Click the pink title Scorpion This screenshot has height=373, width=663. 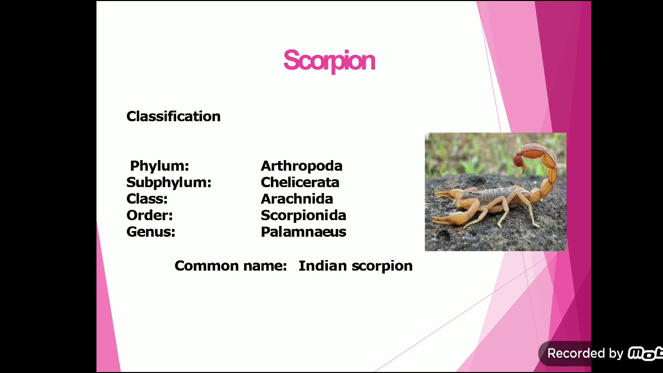[329, 61]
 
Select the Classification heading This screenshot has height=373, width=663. [173, 117]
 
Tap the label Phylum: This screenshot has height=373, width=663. [159, 166]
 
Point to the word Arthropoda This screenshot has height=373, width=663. [301, 166]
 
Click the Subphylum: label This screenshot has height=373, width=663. [168, 182]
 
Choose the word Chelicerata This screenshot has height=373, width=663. [300, 182]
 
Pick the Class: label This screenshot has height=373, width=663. [147, 199]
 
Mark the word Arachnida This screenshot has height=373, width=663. [297, 199]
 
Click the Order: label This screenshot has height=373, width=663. [149, 216]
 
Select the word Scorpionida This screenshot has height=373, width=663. [303, 216]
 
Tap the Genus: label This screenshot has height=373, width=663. [151, 232]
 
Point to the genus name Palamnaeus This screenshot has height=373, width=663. [303, 232]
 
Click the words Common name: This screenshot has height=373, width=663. [230, 266]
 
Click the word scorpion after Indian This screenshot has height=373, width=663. [382, 266]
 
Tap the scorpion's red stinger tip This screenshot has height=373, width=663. [518, 162]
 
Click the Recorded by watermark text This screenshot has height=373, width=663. [585, 353]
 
